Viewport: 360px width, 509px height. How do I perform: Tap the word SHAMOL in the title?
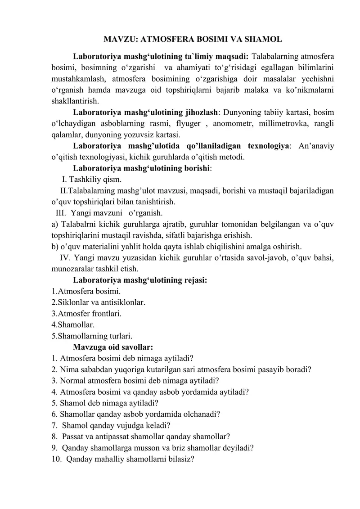(263, 39)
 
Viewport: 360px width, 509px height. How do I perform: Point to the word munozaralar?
(71, 269)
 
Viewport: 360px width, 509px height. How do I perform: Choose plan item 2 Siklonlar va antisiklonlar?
(98, 302)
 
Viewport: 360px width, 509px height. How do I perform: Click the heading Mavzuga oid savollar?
(113, 347)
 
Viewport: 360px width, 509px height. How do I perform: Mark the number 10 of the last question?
(56, 459)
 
